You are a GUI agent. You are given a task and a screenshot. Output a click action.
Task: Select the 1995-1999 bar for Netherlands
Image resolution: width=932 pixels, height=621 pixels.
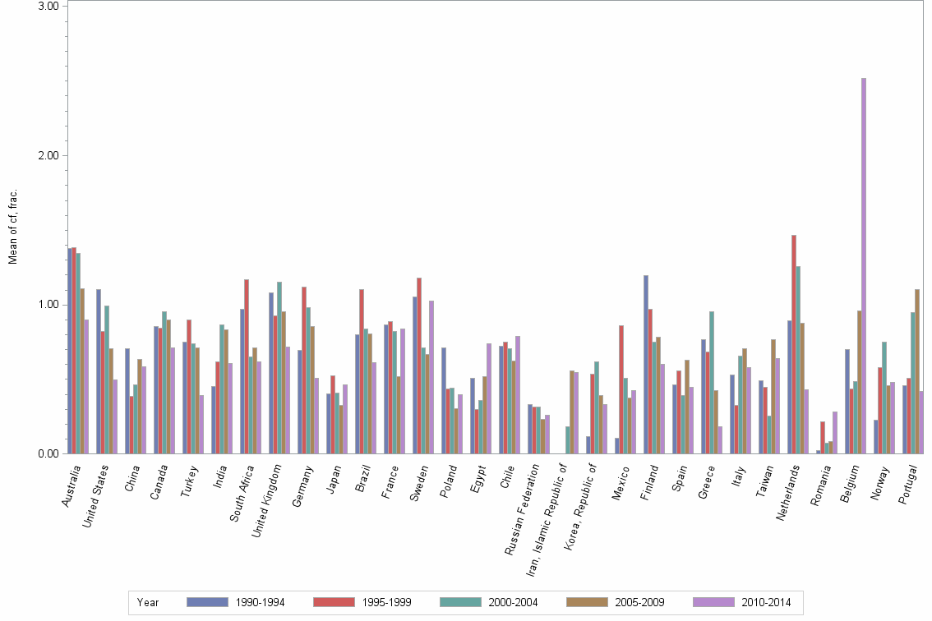point(794,344)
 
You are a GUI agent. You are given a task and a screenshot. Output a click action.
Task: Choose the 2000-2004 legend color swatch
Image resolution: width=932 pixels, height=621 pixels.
point(463,602)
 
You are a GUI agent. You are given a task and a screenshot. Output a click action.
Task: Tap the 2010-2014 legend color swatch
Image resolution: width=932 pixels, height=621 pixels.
point(716,602)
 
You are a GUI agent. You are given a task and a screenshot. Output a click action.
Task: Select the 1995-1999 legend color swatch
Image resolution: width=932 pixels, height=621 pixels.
point(335,602)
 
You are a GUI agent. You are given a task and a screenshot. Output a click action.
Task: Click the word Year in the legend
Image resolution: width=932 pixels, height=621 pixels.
point(149,603)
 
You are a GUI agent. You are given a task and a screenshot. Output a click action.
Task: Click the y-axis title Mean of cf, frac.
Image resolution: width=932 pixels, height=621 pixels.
point(12,227)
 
